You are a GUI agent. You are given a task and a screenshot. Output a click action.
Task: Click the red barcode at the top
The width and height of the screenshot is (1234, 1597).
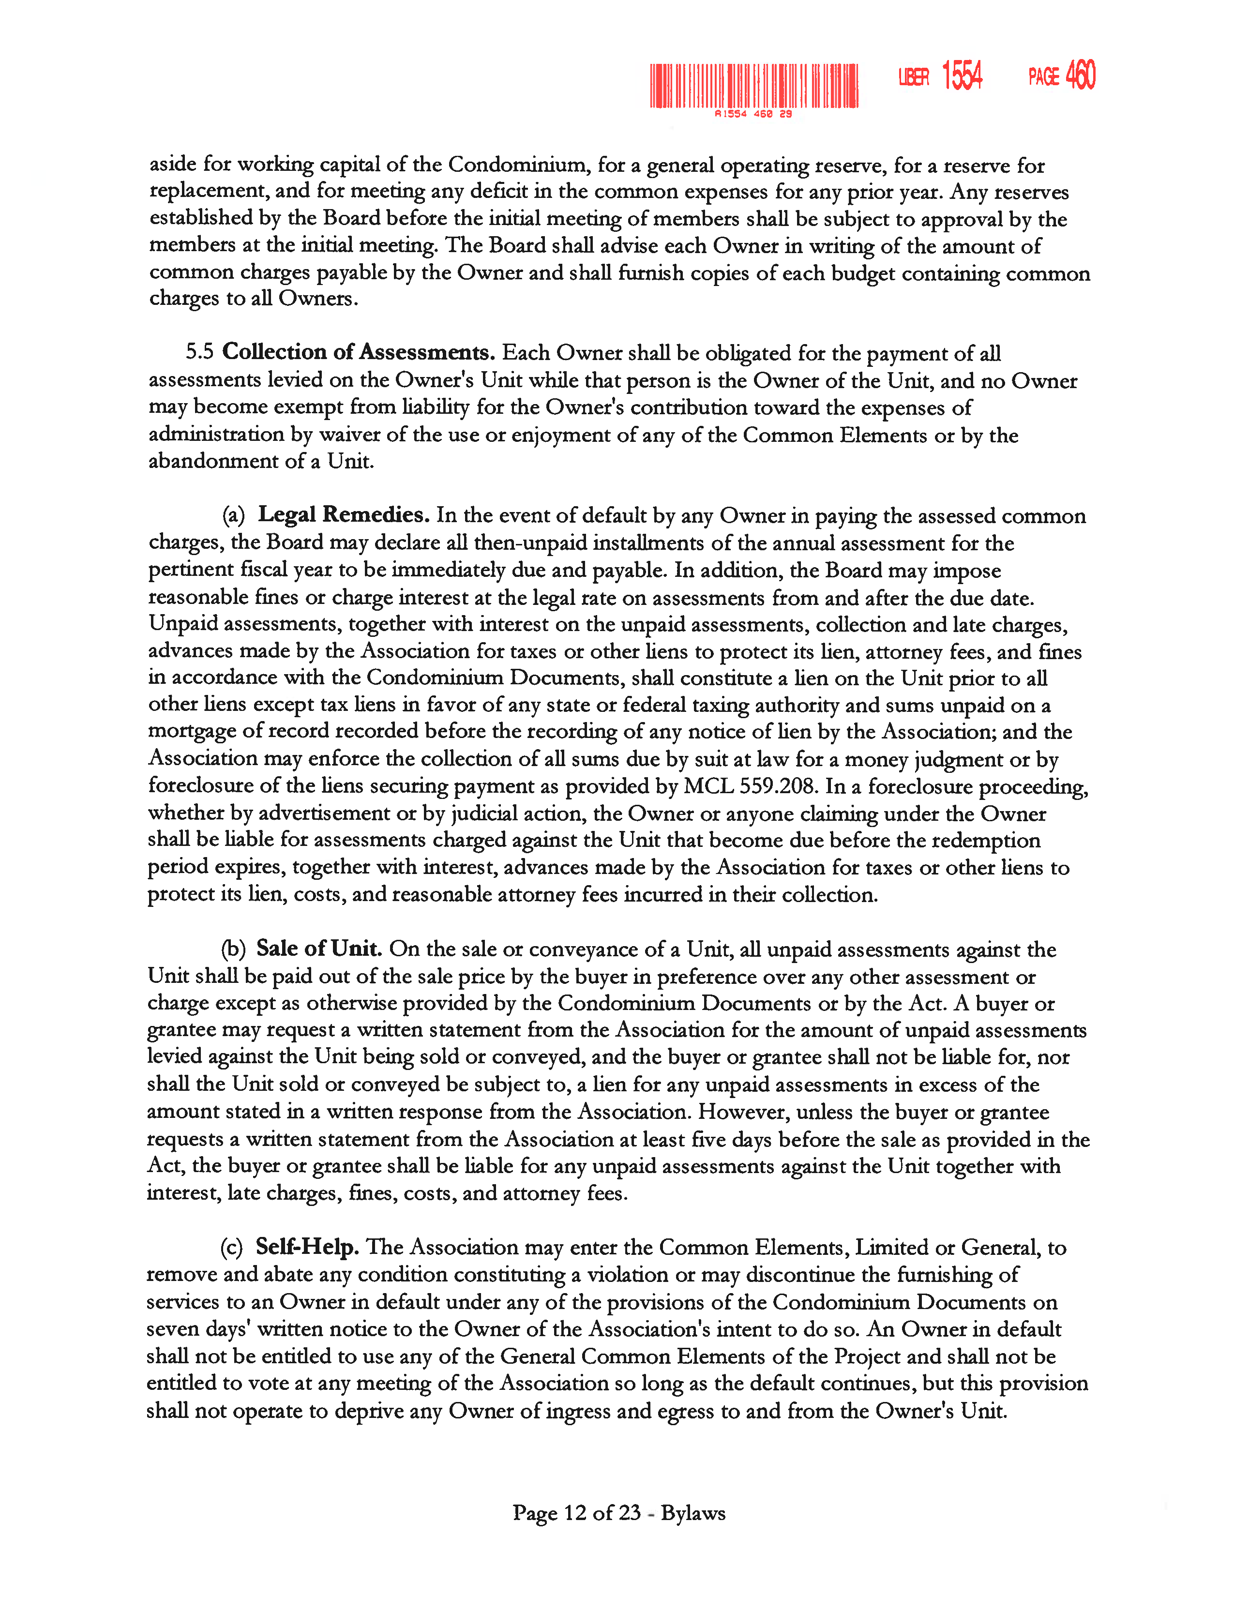point(753,86)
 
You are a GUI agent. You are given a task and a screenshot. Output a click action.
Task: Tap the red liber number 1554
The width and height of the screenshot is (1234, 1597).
point(962,75)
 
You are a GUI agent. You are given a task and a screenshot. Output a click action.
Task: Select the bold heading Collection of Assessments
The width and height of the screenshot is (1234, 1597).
point(358,352)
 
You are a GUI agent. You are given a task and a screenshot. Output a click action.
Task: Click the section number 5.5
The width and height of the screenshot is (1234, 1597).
point(199,352)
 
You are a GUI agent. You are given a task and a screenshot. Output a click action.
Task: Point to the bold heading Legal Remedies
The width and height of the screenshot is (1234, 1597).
point(344,515)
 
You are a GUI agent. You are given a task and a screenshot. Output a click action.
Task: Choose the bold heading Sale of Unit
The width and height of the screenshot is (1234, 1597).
point(319,949)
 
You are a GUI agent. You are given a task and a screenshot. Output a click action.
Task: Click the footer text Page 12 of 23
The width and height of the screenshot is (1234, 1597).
point(577,1513)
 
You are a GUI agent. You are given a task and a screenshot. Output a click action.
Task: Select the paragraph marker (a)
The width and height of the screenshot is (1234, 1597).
point(234,515)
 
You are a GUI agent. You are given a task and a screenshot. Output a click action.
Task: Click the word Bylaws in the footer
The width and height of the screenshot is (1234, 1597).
point(693,1513)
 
